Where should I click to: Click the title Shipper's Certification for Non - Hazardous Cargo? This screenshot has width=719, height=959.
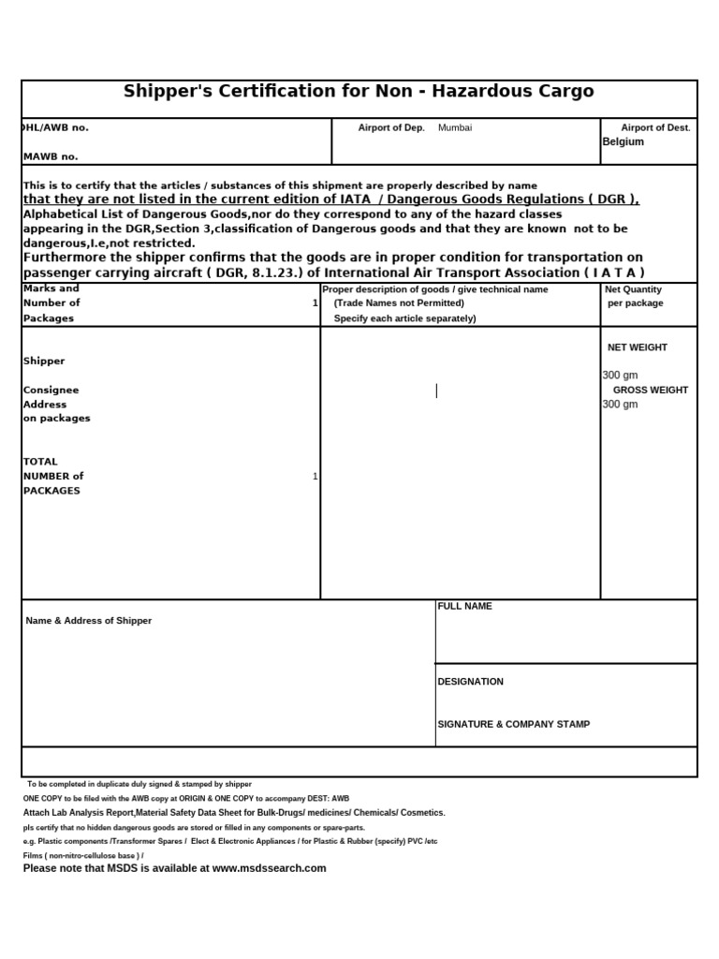coord(359,92)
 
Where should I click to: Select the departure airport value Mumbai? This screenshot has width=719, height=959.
coord(455,127)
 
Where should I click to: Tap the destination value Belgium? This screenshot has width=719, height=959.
coord(623,141)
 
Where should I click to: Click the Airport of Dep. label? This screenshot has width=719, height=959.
coord(391,127)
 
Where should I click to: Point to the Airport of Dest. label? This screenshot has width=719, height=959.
coord(655,127)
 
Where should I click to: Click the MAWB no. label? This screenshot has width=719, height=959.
coord(51,156)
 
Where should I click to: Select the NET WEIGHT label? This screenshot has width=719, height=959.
coord(638,347)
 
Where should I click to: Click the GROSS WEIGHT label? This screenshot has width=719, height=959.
coord(651,390)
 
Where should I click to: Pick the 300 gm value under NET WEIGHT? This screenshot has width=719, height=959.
coord(620,376)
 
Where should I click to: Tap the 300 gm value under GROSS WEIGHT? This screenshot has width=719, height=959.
coord(620,405)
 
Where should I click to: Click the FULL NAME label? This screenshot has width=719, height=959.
coord(464,607)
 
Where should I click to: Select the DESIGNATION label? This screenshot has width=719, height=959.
coord(470,682)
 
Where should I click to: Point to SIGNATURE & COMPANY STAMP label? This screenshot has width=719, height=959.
coord(514,724)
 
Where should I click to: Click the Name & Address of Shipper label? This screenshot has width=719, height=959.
coord(88,621)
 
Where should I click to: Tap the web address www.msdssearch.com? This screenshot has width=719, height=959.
coord(270,868)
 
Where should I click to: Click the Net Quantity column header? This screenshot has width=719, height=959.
coord(635,289)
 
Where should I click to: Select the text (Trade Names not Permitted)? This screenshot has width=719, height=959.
coord(399,303)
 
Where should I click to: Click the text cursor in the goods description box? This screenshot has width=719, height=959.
coord(436,391)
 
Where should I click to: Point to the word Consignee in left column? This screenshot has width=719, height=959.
coord(51,390)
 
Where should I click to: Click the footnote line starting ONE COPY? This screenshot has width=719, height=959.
coord(185,798)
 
